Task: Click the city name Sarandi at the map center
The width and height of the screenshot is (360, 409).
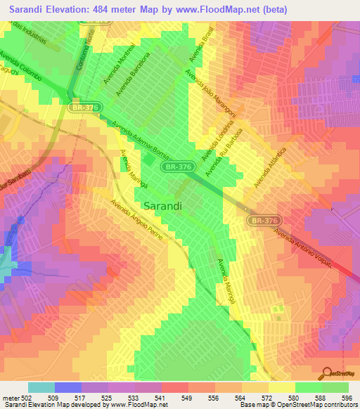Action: point(163,207)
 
